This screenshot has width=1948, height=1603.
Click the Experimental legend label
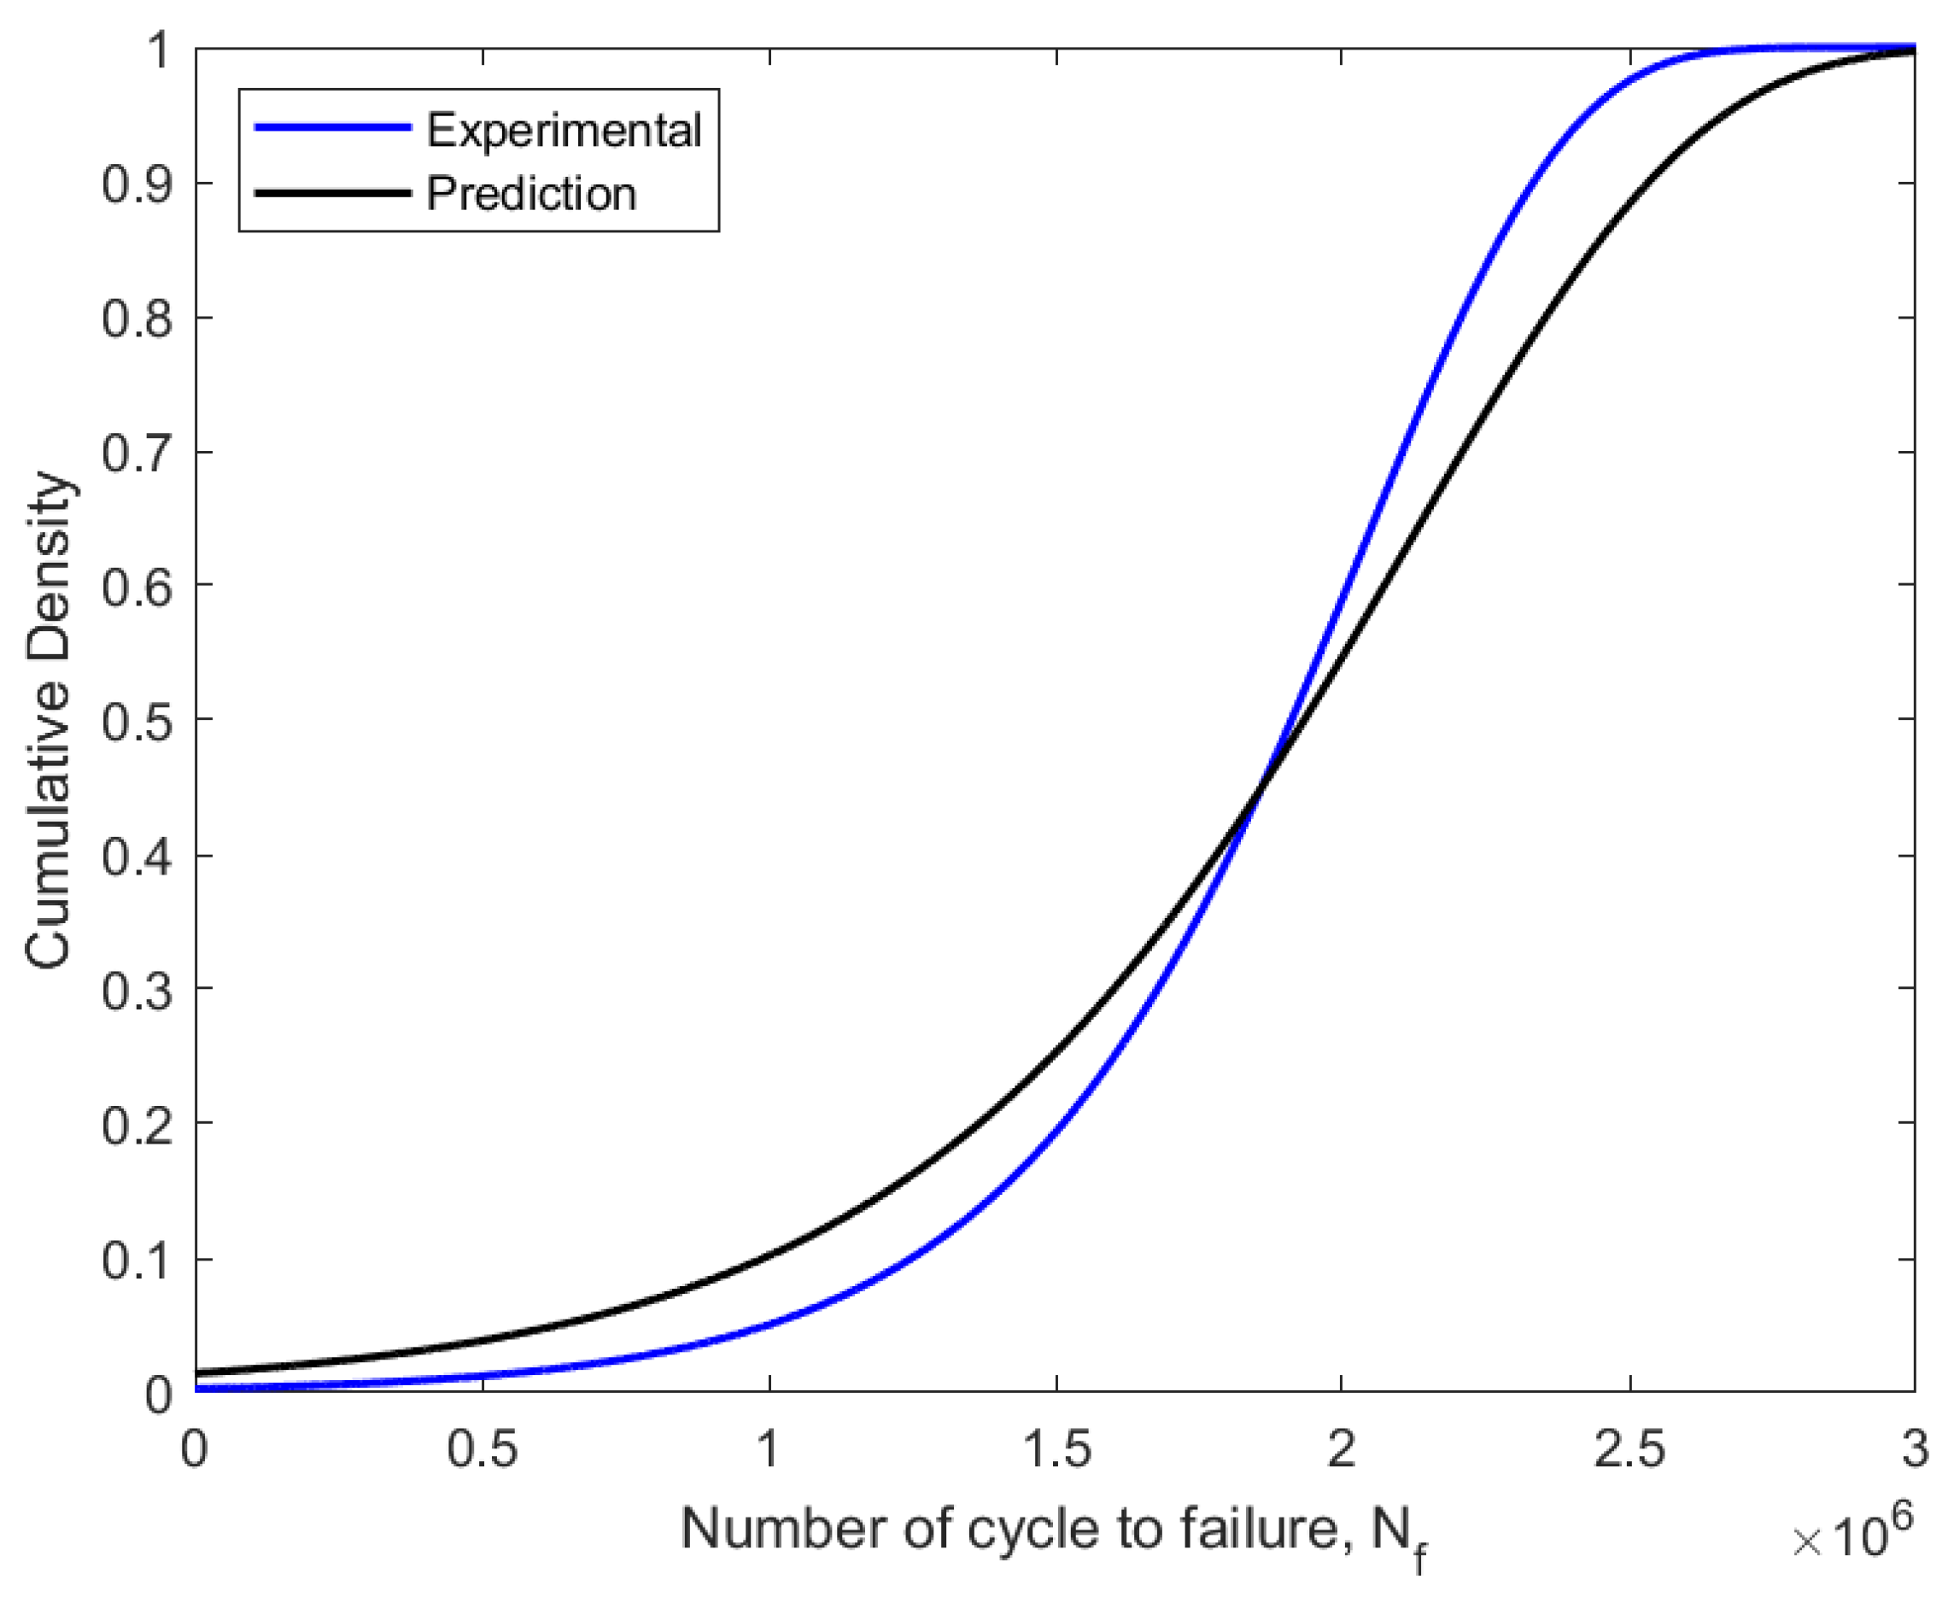[563, 130]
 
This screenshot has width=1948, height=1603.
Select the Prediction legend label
[531, 194]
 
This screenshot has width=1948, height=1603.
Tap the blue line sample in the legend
[332, 127]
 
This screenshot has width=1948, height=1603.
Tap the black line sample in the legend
[332, 193]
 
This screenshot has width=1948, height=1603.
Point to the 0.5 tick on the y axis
[137, 721]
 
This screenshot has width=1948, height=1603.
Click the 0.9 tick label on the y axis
[137, 184]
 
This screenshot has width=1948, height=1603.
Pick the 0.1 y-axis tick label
[137, 1261]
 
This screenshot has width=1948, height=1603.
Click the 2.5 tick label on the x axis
[1629, 1448]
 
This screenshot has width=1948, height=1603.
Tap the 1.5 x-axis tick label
[1056, 1448]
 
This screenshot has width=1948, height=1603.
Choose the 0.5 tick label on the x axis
[482, 1448]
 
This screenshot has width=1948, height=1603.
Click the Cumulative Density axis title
[48, 720]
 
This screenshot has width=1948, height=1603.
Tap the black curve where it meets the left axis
[197, 1372]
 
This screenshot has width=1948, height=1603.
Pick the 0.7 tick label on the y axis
[137, 453]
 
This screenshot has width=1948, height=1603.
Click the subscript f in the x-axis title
[1419, 1559]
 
